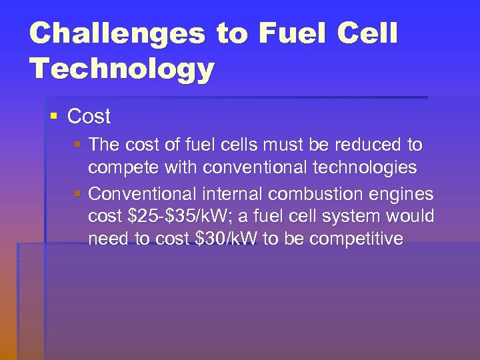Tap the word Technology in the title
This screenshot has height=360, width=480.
121,69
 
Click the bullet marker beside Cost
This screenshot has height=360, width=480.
54,117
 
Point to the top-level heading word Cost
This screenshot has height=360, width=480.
89,117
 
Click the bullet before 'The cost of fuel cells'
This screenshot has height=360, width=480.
78,145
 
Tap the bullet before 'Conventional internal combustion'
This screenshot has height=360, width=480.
78,195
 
